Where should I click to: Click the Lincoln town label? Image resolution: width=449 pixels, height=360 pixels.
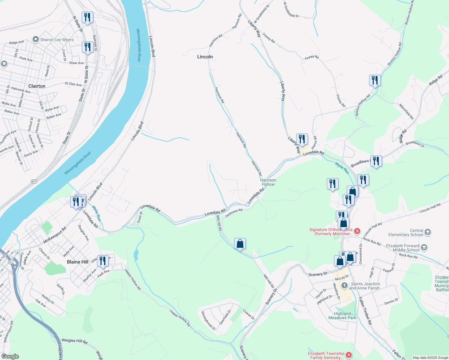(x=205, y=57)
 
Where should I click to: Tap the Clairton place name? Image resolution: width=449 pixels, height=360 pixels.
(x=37, y=86)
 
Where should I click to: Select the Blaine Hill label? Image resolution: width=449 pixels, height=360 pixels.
(x=78, y=262)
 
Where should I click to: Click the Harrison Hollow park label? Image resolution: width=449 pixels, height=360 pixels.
(x=268, y=182)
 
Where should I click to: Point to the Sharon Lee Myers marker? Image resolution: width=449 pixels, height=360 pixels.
(x=36, y=40)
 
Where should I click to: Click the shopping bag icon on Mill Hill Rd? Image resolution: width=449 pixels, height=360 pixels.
(x=240, y=244)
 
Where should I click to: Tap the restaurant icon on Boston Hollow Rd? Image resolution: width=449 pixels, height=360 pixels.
(x=375, y=80)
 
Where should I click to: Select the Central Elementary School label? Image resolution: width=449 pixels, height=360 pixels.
(x=405, y=232)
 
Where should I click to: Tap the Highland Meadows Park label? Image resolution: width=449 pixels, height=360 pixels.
(x=342, y=316)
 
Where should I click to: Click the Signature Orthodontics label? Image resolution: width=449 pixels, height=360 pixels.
(x=331, y=232)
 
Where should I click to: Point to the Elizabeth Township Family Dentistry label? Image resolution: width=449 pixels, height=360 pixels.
(x=326, y=355)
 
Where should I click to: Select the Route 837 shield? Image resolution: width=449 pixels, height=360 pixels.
(x=34, y=181)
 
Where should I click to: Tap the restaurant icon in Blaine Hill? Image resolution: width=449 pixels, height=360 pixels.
(x=103, y=261)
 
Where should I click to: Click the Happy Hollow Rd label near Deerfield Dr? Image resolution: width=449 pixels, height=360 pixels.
(x=180, y=318)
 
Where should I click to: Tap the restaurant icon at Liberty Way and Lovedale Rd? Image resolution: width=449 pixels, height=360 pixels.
(x=302, y=139)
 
